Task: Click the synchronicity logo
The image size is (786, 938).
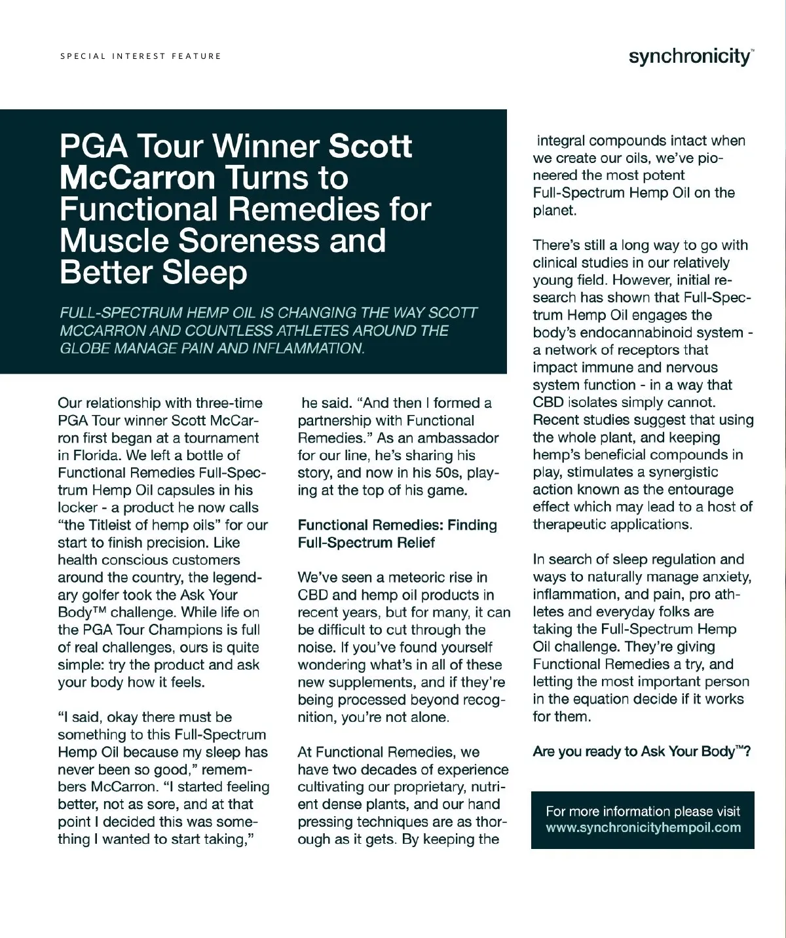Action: pyautogui.click(x=690, y=56)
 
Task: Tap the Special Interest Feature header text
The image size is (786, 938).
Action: pyautogui.click(x=141, y=56)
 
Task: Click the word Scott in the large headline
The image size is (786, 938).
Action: pyautogui.click(x=370, y=146)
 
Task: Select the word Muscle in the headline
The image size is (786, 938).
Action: pyautogui.click(x=113, y=240)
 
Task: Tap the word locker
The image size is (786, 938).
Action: pyautogui.click(x=78, y=508)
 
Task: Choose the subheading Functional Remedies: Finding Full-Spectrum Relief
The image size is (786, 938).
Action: pyautogui.click(x=397, y=533)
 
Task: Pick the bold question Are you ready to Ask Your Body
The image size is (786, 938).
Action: pyautogui.click(x=641, y=751)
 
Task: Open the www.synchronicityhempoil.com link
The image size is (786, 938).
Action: pyautogui.click(x=643, y=827)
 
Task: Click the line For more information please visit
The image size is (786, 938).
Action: pyautogui.click(x=643, y=812)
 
